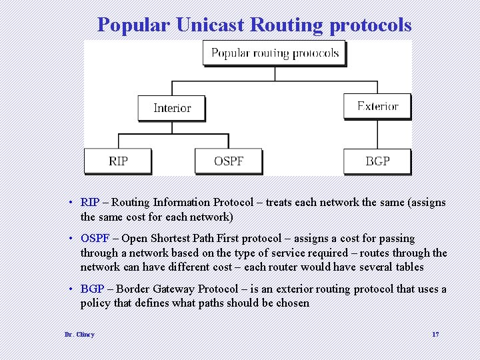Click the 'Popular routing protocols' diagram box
click(x=274, y=53)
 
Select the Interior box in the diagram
click(x=171, y=108)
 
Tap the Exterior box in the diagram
click(x=377, y=107)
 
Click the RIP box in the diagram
click(x=118, y=161)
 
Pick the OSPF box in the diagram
click(x=228, y=161)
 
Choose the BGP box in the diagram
click(x=377, y=161)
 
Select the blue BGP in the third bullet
click(x=92, y=289)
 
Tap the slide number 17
click(x=435, y=334)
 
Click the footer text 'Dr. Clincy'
click(x=79, y=334)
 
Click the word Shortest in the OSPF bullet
click(x=169, y=238)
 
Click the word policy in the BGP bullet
click(x=95, y=303)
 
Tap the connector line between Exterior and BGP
click(x=377, y=135)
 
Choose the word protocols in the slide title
click(x=370, y=25)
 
